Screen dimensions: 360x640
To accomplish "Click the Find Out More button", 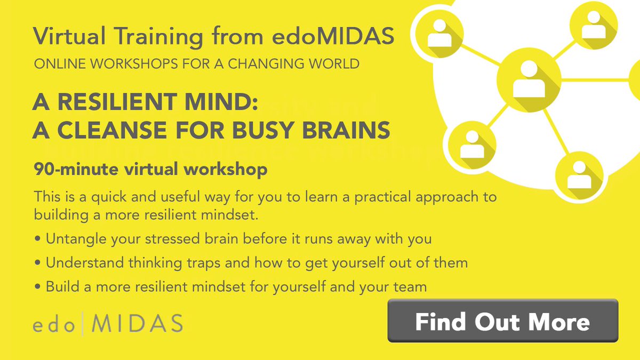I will point(502,321).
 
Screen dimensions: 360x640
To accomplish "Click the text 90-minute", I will point(77,171).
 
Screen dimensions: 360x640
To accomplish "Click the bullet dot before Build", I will point(37,287).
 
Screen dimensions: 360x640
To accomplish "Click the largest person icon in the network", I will point(529,80).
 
